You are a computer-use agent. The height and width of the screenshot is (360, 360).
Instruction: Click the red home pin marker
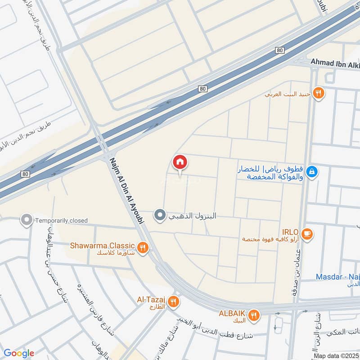pyautogui.click(x=180, y=162)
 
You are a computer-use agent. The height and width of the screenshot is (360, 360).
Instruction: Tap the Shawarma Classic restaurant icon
pyautogui.click(x=143, y=247)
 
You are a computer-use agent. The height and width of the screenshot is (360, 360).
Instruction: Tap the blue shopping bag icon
pyautogui.click(x=314, y=171)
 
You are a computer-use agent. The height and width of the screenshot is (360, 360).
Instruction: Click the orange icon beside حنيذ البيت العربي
pyautogui.click(x=319, y=93)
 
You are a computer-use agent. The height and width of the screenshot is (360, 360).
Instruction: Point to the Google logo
pyautogui.click(x=19, y=353)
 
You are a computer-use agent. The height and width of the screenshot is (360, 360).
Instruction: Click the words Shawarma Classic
pyautogui.click(x=102, y=245)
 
